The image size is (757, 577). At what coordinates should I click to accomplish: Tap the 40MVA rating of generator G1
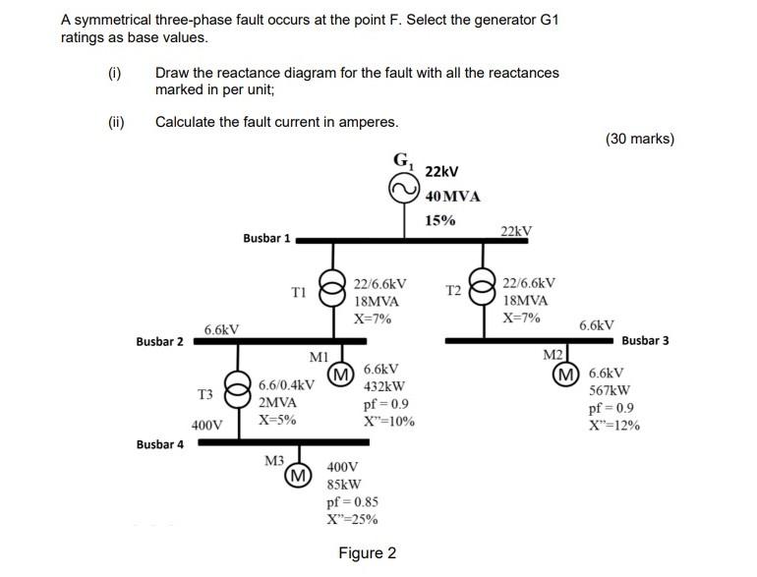pos(452,197)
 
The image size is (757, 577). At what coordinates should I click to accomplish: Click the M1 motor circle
pos(340,375)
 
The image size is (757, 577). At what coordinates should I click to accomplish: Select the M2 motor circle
pos(566,375)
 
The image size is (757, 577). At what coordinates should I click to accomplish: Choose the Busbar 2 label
pos(159,342)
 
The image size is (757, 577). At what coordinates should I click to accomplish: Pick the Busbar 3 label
pos(645,341)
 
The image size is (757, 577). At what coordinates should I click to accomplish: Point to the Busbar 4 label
pos(159,444)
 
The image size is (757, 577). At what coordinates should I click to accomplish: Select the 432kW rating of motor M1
pos(383,386)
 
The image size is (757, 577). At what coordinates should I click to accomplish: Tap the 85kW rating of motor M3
pos(343,485)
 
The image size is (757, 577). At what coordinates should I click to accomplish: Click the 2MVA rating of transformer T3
pos(278,402)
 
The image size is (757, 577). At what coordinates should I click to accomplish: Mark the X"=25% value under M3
pos(352,520)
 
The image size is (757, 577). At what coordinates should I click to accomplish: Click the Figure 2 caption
pos(367,553)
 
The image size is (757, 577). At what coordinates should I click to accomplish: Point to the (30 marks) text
pos(640,139)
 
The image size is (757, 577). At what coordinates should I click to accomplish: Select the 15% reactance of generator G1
pos(439,220)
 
